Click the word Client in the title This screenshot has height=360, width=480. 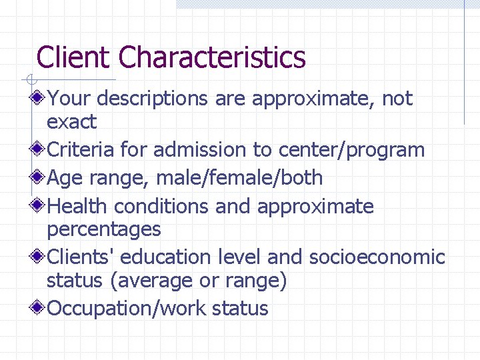(74, 57)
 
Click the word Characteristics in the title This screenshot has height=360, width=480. (212, 57)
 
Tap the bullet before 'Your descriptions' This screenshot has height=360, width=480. (39, 99)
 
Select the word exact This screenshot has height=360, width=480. (71, 122)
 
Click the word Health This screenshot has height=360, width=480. (79, 206)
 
